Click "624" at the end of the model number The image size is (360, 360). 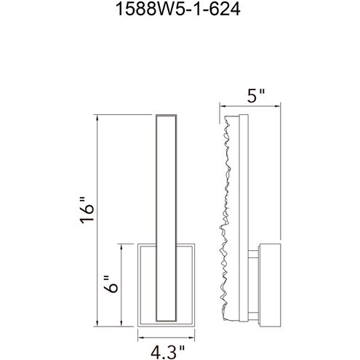pos(218,11)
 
